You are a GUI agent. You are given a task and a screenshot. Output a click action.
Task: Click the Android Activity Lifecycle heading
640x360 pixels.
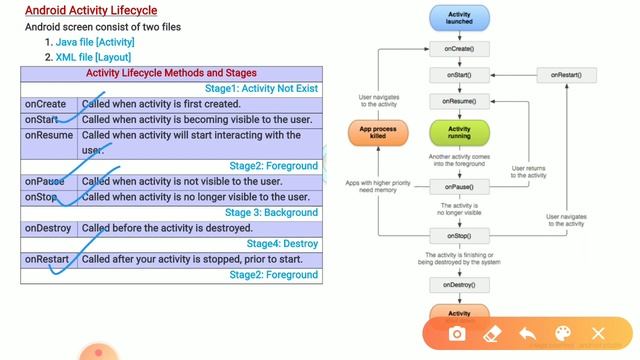coord(91,11)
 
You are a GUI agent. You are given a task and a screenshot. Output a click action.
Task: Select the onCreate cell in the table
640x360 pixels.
coord(46,104)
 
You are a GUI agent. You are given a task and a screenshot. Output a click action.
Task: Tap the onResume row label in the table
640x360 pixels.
coord(49,135)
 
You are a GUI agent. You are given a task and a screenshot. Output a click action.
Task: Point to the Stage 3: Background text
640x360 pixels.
coord(271,212)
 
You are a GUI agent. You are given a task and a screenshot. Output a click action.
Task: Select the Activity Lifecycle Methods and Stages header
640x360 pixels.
coord(171,73)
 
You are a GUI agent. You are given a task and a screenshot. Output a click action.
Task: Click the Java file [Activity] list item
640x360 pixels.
coord(95,43)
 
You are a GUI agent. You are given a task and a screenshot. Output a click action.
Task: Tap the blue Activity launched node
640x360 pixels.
coord(458,19)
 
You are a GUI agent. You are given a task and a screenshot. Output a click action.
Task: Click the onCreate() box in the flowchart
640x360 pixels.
coord(458,48)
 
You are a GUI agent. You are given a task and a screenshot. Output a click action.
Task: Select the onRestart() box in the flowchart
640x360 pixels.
coord(565,75)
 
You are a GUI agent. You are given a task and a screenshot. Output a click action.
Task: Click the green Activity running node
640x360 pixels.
coord(458,133)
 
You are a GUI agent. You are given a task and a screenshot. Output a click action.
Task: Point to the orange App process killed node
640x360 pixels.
coord(378,133)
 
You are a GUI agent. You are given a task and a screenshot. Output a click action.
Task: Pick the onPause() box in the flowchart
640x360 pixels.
coord(458,186)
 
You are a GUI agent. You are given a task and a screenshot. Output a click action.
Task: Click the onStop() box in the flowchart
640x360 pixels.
coord(458,236)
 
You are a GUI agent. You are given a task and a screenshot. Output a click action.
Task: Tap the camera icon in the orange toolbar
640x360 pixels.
coord(457,333)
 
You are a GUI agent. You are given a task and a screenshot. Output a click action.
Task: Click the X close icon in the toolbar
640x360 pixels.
coord(598,333)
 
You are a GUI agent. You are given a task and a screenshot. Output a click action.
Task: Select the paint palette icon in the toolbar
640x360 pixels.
coord(562,333)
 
